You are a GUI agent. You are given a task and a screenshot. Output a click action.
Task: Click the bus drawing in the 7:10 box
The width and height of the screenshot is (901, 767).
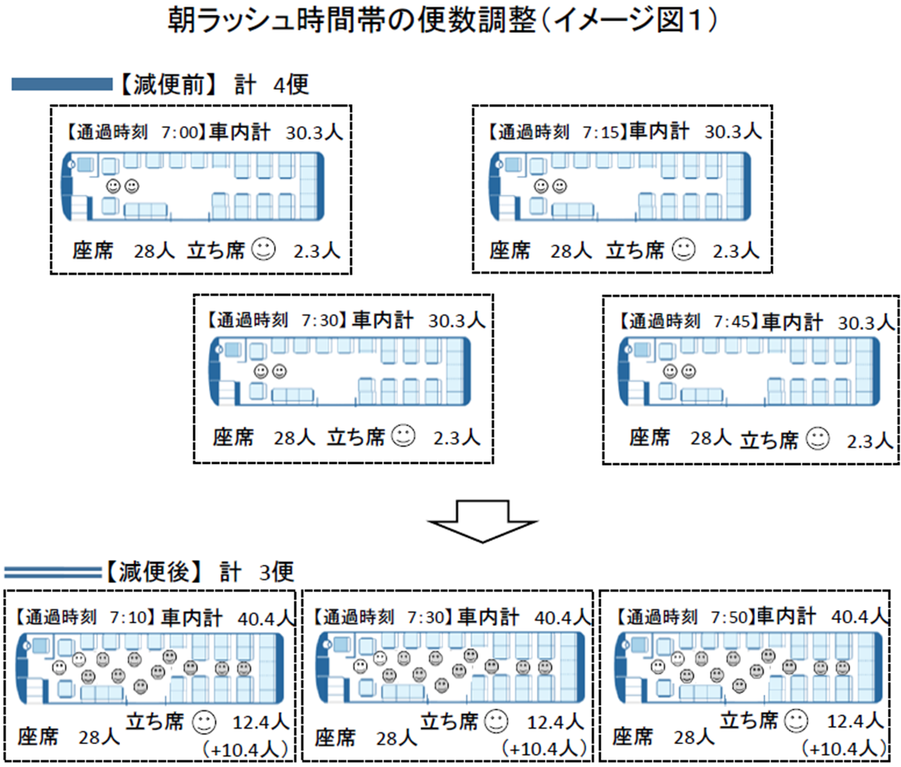click(152, 668)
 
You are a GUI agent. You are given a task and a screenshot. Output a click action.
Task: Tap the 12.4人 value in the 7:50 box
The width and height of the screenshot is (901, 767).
click(856, 722)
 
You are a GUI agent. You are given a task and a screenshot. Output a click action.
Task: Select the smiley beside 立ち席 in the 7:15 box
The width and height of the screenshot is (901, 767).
click(683, 249)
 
